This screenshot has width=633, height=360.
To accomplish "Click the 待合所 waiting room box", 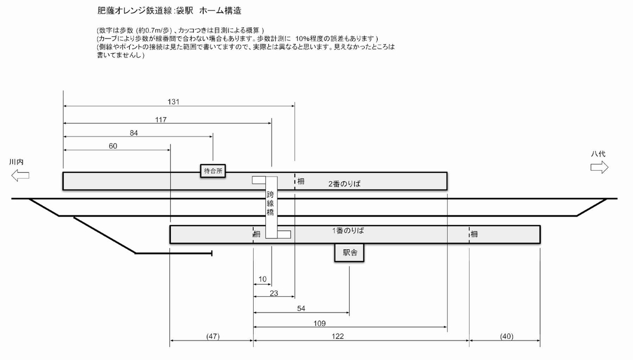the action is click(x=214, y=170).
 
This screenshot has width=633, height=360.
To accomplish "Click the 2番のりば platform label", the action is click(x=347, y=184).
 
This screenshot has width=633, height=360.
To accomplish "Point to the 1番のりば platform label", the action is click(x=348, y=231).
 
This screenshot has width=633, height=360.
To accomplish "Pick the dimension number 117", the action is click(x=161, y=120).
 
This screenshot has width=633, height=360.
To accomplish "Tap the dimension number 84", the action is click(x=133, y=133).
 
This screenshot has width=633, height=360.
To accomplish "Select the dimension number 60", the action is click(x=113, y=146).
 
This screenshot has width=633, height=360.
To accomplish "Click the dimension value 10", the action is click(x=262, y=279).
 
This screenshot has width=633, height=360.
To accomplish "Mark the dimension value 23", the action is click(x=273, y=293).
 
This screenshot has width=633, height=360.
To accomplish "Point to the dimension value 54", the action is click(x=301, y=308).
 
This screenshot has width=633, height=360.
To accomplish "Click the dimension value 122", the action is click(x=361, y=336).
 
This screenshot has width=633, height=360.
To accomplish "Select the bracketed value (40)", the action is click(x=505, y=336).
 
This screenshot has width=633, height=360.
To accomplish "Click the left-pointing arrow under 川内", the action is click(x=20, y=176).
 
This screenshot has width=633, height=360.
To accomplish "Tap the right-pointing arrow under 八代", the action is click(x=599, y=168).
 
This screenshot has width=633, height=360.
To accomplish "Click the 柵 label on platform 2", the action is click(x=301, y=181).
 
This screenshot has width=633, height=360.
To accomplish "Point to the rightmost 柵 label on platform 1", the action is click(x=475, y=234).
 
